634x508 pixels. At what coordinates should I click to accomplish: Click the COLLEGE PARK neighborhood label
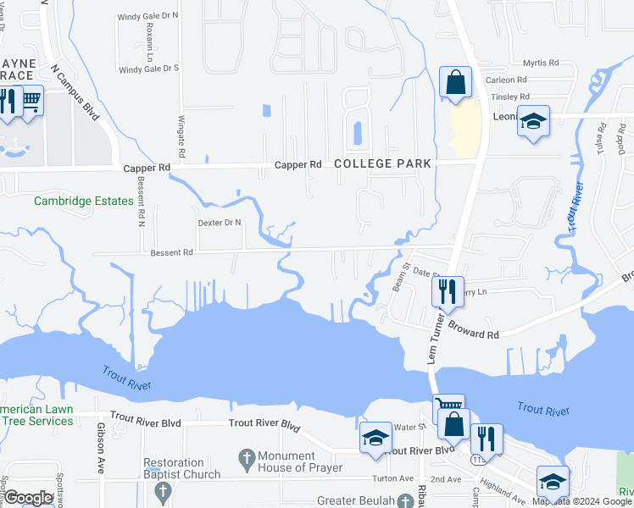coord(382,163)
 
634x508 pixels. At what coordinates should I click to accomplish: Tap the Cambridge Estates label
coord(84,201)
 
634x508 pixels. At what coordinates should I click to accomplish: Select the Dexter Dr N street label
coord(220,223)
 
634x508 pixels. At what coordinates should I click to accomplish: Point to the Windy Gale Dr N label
coord(148,15)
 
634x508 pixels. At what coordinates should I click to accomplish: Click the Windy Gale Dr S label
coord(148,69)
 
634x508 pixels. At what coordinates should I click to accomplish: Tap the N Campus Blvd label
coord(75,91)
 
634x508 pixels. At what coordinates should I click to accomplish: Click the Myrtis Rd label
coord(541,63)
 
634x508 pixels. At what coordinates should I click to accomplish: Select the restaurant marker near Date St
coord(447,292)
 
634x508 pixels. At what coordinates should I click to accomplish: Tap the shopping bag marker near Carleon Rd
coord(455,83)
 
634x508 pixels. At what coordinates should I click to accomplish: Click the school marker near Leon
coord(533,121)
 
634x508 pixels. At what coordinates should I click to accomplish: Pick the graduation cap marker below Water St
coord(375,438)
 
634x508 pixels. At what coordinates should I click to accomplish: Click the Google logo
coord(29,498)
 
